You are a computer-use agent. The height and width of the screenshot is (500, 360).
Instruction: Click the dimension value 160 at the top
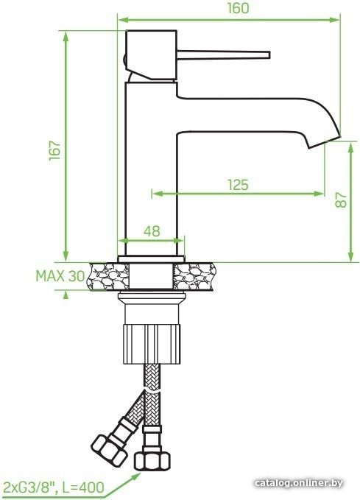pyautogui.click(x=238, y=8)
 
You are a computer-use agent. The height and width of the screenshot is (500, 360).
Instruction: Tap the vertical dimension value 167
pyautogui.click(x=54, y=150)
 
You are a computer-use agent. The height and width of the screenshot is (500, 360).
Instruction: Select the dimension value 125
pyautogui.click(x=238, y=185)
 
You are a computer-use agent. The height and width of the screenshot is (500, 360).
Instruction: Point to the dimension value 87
pyautogui.click(x=341, y=200)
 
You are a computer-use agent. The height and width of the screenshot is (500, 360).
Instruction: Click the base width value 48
pyautogui.click(x=152, y=231)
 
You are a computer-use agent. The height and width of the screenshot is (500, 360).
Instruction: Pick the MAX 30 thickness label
pyautogui.click(x=60, y=276)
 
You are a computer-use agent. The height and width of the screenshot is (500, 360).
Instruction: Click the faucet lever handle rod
pyautogui.click(x=224, y=54)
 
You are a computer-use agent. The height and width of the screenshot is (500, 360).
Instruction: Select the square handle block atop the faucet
pyautogui.click(x=151, y=54)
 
